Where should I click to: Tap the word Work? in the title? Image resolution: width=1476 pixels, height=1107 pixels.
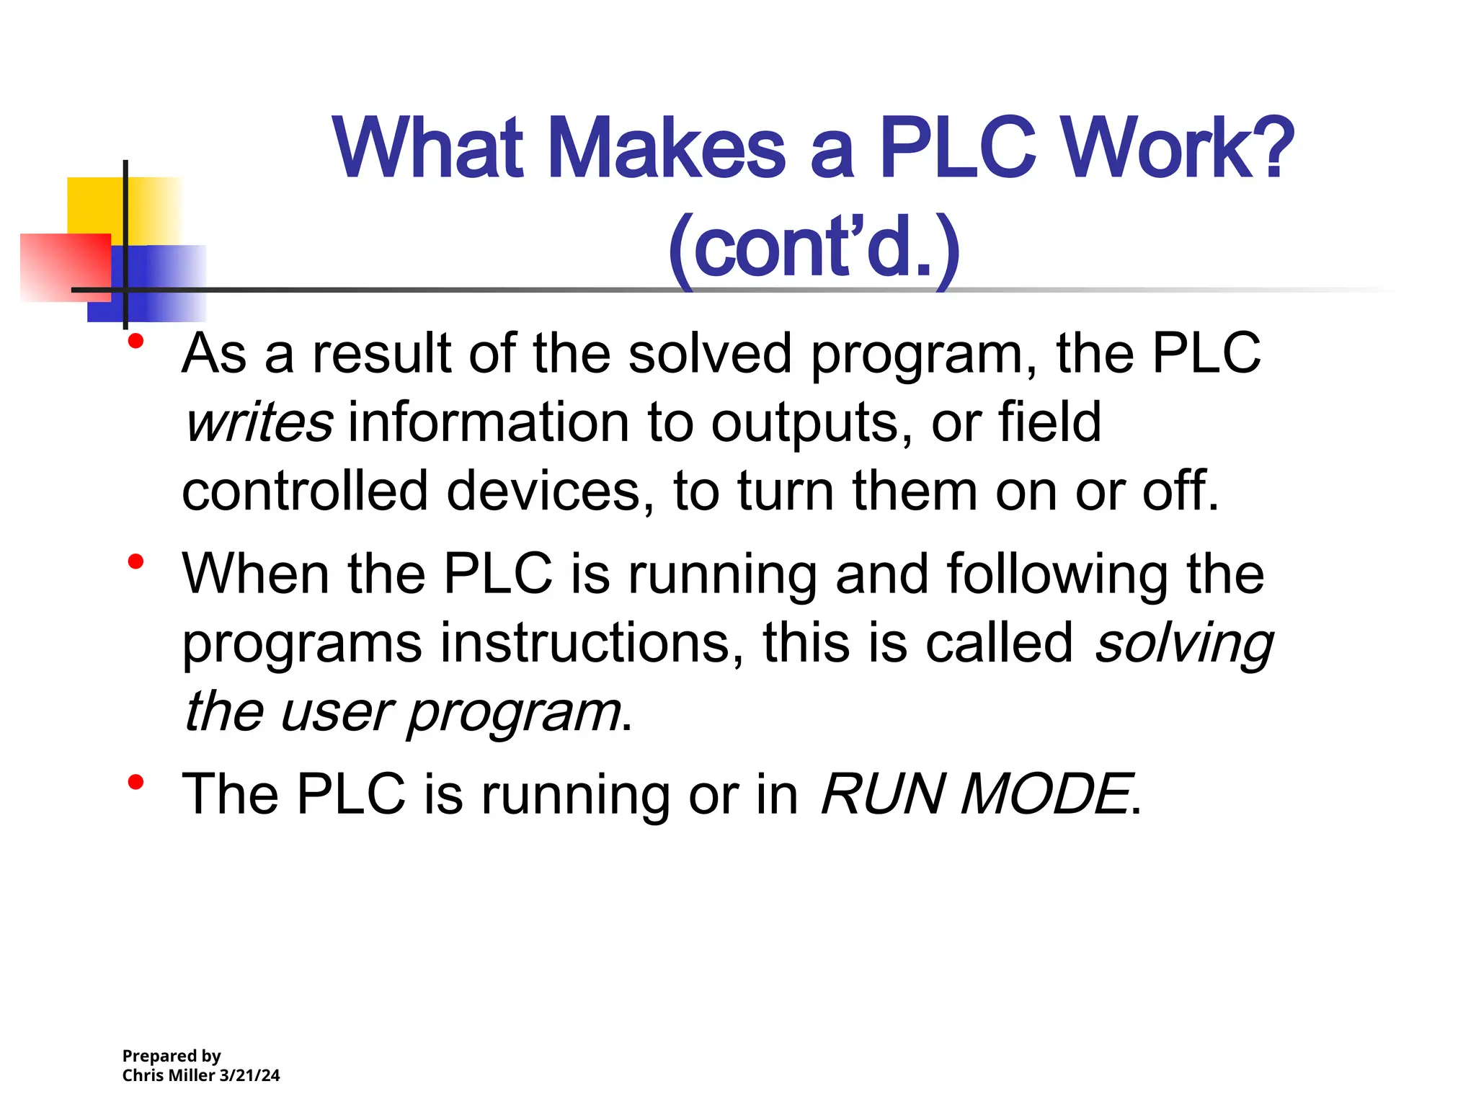pos(1179,149)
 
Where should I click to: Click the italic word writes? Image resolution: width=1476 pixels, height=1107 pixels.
pos(259,423)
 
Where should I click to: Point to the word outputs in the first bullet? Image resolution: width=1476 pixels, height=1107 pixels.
pos(806,423)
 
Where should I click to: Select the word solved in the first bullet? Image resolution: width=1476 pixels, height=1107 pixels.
pos(710,355)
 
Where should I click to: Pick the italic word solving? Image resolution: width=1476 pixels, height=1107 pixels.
pos(1183,643)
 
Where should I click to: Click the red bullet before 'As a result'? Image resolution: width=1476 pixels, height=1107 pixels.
pos(135,342)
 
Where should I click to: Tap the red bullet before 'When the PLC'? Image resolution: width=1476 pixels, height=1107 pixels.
pos(135,561)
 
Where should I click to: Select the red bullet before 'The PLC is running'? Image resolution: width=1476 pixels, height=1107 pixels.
pos(135,781)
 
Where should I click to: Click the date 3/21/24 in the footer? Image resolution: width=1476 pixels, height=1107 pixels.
pos(249,1075)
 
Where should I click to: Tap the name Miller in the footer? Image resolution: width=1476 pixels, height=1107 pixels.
pos(190,1075)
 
